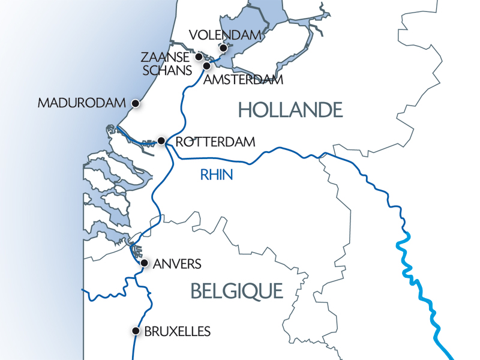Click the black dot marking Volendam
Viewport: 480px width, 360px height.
223,47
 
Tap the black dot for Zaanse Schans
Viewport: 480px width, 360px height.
199,57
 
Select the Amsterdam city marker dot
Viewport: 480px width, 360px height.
206,65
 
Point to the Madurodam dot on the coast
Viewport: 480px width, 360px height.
136,103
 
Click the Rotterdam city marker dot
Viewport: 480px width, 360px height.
161,141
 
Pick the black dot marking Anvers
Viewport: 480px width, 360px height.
143,263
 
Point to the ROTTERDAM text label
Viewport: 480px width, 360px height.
215,142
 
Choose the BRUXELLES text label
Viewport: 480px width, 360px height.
178,331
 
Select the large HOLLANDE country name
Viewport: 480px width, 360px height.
290,110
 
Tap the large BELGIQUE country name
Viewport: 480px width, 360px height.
236,292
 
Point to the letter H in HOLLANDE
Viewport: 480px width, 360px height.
245,110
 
